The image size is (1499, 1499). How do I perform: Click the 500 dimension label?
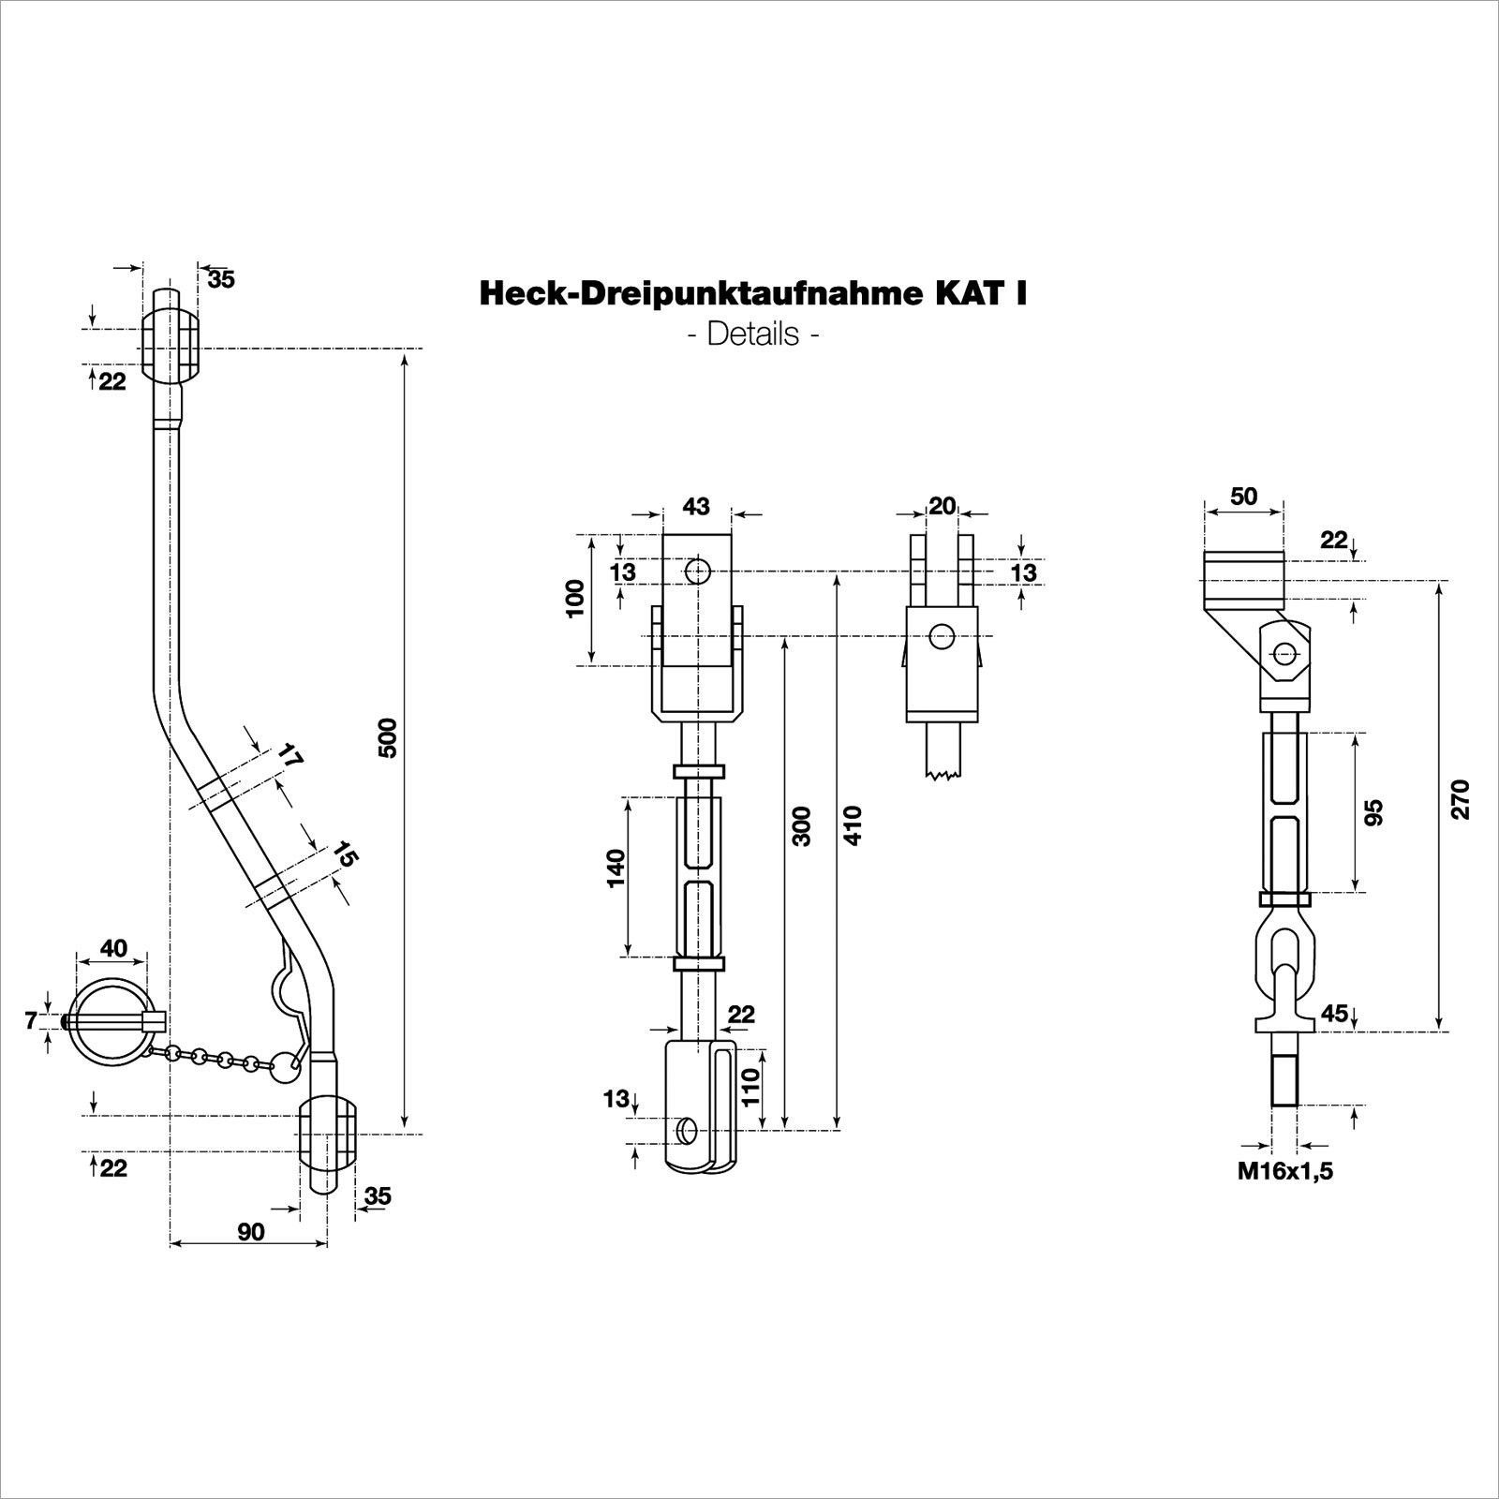pyautogui.click(x=391, y=737)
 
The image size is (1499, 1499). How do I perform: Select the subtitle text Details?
pyautogui.click(x=753, y=334)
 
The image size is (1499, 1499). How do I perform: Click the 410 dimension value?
pyautogui.click(x=853, y=824)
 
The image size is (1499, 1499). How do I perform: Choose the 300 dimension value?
pyautogui.click(x=802, y=824)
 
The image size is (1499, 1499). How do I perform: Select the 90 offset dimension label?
pyautogui.click(x=250, y=1231)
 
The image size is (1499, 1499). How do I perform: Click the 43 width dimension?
pyautogui.click(x=696, y=507)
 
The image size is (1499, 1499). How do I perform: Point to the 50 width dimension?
pyautogui.click(x=1243, y=497)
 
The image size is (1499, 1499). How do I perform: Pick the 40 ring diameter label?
pyautogui.click(x=113, y=948)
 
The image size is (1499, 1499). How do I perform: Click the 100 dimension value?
pyautogui.click(x=575, y=598)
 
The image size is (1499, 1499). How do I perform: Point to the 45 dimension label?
pyautogui.click(x=1334, y=1013)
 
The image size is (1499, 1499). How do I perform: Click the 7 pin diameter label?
pyautogui.click(x=31, y=1020)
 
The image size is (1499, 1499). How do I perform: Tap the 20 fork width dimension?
pyautogui.click(x=942, y=507)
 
